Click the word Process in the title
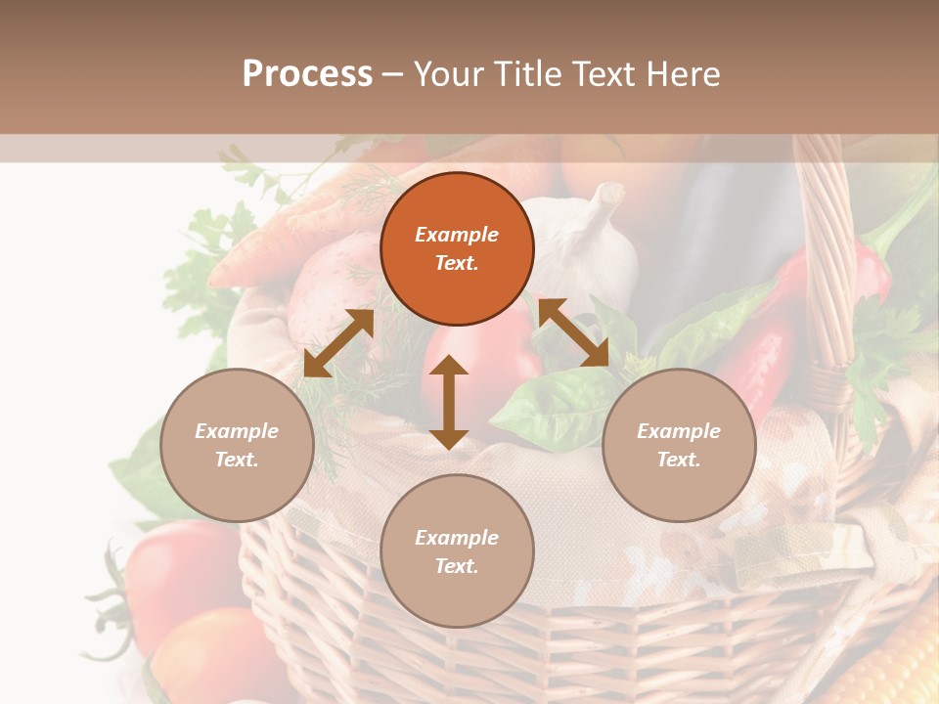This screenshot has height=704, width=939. tap(307, 74)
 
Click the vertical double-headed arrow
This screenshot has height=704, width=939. tap(449, 402)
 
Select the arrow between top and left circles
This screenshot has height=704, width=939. tap(338, 343)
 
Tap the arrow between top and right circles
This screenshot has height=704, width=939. tap(573, 332)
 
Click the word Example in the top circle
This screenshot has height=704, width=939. tap(457, 235)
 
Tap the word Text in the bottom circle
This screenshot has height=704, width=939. tap(457, 566)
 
